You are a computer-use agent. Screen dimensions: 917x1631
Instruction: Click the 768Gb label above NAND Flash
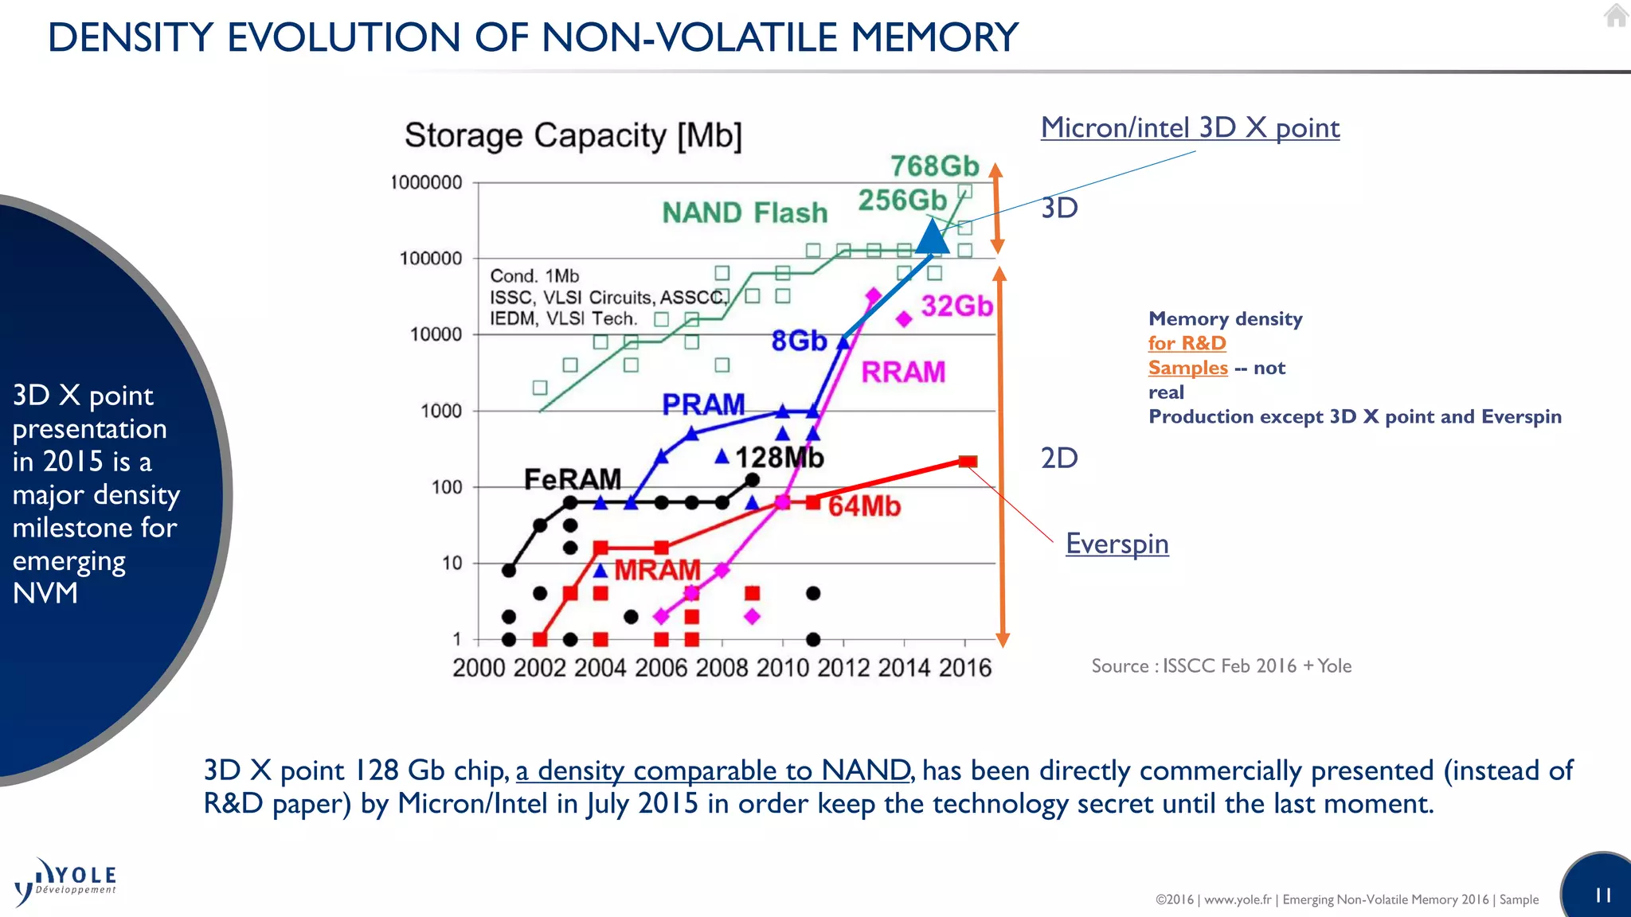933,166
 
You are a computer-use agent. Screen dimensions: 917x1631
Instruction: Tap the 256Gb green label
902,200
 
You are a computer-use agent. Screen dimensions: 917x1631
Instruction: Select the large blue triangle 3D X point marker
933,236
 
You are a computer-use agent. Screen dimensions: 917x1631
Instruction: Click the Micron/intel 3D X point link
1190,127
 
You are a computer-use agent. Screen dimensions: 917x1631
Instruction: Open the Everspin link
1117,544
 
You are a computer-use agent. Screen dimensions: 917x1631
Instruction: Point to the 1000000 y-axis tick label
426,182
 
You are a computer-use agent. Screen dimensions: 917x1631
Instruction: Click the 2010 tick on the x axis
782,667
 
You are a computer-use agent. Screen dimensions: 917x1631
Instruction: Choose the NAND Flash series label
745,213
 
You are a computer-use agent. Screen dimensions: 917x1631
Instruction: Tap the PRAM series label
703,404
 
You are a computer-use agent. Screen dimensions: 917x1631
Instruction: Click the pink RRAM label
903,372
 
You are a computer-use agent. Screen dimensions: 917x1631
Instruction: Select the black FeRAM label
572,479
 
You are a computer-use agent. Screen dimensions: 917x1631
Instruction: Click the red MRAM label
657,570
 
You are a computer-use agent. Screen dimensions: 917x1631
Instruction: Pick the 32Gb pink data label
956,306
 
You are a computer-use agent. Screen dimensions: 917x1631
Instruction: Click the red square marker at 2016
968,462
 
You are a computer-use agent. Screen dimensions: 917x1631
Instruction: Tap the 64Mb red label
864,506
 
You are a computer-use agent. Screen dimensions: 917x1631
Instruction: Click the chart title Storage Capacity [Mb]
573,135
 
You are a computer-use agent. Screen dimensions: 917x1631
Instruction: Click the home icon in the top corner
1616,15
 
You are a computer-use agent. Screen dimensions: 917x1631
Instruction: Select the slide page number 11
1603,896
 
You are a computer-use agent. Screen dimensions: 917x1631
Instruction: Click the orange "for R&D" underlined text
1187,343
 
